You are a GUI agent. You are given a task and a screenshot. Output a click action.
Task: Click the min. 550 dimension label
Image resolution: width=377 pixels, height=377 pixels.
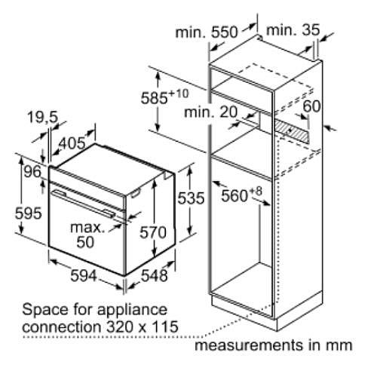point(207,32)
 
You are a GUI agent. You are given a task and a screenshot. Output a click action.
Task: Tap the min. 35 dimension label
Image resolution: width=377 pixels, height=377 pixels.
point(293,30)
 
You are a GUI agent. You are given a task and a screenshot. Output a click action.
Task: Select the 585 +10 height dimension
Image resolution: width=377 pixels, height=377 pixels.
point(164,97)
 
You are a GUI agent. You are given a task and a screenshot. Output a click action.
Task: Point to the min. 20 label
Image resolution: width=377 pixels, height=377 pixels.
point(210,112)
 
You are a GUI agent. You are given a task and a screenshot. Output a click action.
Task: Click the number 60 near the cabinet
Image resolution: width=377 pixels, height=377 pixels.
point(311,106)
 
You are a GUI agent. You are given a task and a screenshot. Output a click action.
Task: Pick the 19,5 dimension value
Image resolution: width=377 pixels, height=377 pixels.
point(43,117)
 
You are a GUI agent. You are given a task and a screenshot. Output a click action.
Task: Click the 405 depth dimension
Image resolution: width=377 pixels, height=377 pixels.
point(72,143)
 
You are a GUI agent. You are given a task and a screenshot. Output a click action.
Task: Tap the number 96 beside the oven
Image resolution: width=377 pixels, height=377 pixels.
point(32,172)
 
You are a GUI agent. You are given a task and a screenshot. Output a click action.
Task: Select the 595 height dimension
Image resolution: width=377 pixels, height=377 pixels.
point(28,213)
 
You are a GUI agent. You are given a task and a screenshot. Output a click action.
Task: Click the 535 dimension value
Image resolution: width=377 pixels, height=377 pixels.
point(191,198)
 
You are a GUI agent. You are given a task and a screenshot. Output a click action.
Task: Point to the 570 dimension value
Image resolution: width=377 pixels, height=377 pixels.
point(153,232)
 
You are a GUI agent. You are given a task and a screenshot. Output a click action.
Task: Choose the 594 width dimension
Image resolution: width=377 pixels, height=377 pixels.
point(84,275)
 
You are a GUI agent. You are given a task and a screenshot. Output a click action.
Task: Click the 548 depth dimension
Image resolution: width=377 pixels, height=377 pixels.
point(154,275)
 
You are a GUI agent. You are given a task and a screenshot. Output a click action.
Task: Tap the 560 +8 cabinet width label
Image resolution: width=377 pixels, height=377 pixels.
point(241,195)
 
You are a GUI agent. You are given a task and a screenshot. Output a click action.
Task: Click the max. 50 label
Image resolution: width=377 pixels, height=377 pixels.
point(87,234)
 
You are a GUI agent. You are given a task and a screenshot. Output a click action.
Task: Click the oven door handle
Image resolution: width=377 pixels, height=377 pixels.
point(84,203)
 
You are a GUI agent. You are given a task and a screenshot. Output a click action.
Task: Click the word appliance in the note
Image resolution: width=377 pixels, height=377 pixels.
point(132,310)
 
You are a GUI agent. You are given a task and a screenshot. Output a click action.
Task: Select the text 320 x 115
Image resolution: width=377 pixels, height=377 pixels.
point(143,326)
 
